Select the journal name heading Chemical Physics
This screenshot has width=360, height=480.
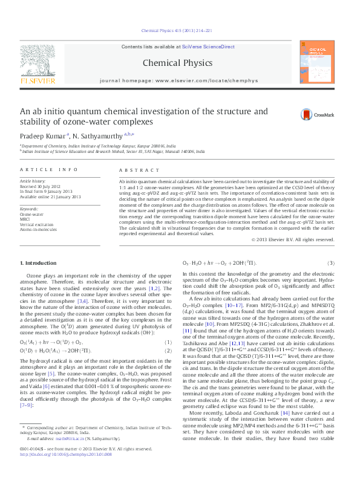tap(177, 62)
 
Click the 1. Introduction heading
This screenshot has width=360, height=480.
tap(39, 264)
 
